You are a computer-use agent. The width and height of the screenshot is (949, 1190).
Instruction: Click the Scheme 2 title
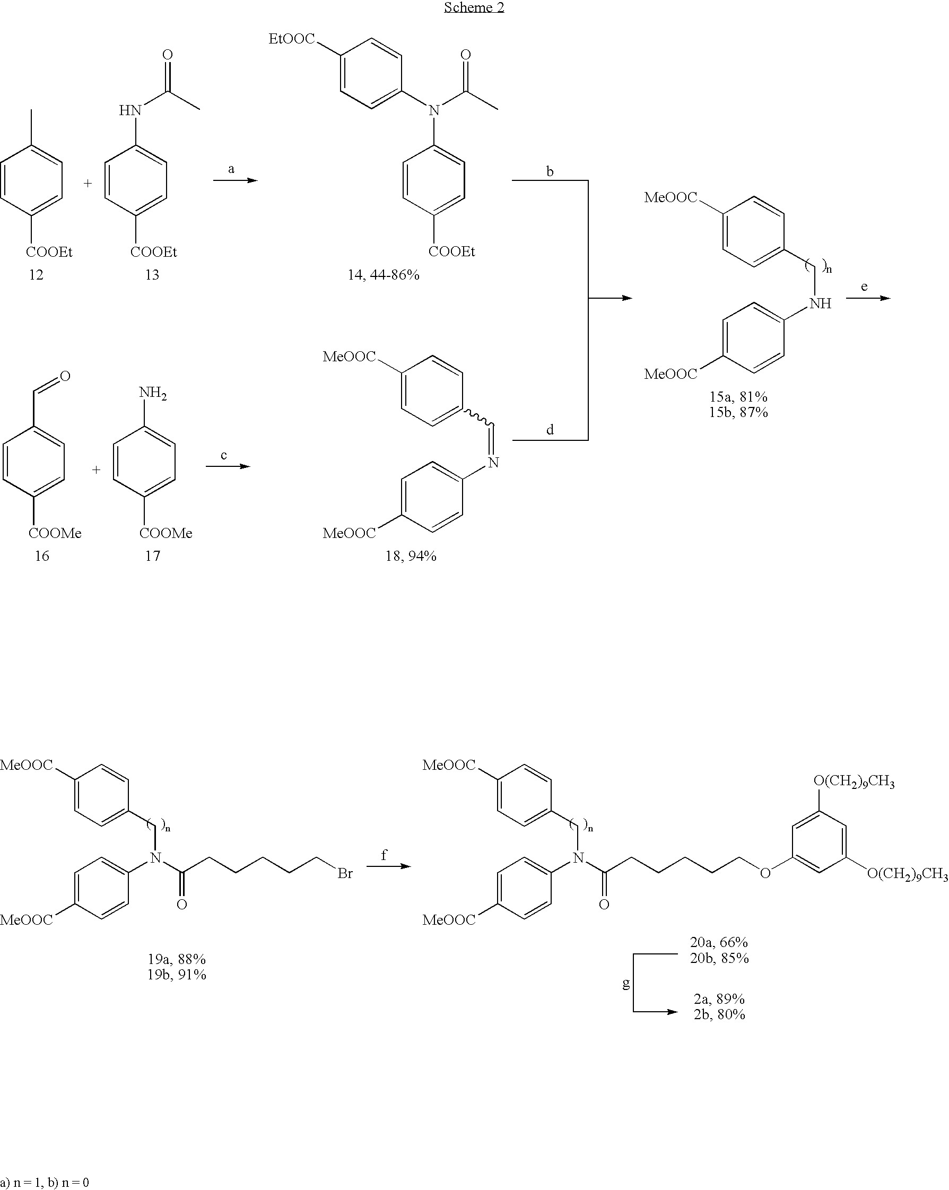click(x=474, y=8)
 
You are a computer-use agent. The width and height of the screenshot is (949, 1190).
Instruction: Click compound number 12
click(x=37, y=275)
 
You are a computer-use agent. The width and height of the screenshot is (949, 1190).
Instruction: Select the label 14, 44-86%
click(x=383, y=275)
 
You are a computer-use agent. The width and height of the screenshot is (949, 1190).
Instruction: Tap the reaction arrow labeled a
click(x=236, y=180)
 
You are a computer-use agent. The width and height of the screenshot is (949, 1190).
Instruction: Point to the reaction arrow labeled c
click(x=228, y=466)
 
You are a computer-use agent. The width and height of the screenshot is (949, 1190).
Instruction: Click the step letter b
click(x=550, y=172)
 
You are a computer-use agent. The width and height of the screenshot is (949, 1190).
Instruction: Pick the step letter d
click(x=550, y=430)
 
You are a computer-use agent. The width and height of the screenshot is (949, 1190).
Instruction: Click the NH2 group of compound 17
click(x=152, y=394)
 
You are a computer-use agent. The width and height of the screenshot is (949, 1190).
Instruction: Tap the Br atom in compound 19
click(x=345, y=874)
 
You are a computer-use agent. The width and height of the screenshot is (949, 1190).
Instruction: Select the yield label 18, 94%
click(x=411, y=556)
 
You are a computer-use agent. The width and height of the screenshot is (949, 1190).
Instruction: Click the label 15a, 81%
click(x=738, y=397)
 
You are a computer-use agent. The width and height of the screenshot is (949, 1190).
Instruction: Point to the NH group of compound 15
click(x=820, y=303)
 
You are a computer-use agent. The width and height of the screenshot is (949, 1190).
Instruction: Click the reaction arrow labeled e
click(x=868, y=298)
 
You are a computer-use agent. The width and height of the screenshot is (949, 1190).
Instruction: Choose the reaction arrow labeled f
click(x=388, y=866)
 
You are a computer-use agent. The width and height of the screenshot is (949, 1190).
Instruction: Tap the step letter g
click(x=625, y=983)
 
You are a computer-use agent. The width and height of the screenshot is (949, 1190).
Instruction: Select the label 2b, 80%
click(x=719, y=1014)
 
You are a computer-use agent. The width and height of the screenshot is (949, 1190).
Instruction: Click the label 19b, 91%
click(x=177, y=975)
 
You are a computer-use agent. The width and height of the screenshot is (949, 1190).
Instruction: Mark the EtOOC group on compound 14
click(x=291, y=39)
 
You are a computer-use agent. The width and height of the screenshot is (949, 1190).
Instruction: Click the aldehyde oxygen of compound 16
click(x=65, y=377)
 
